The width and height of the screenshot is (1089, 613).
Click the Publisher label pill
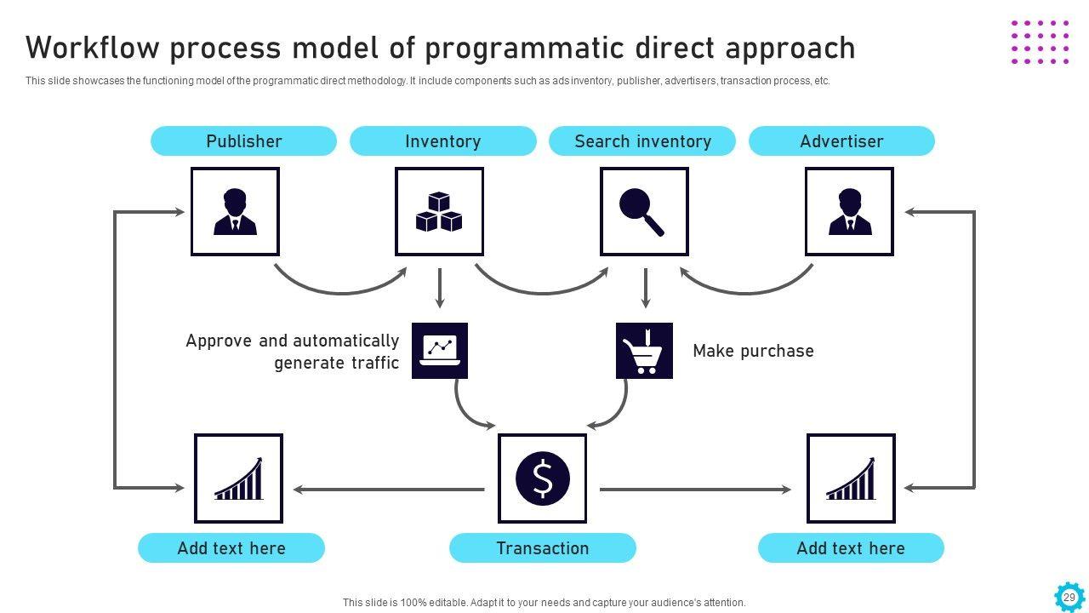click(x=243, y=141)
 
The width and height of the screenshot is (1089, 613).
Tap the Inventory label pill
click(x=442, y=141)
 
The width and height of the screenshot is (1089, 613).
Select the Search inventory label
click(x=642, y=141)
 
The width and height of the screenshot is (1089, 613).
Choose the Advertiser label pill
click(x=841, y=141)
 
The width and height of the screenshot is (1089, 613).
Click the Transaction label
click(x=542, y=548)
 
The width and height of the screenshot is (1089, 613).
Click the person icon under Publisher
click(x=235, y=212)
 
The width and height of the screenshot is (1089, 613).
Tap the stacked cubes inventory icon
click(x=439, y=212)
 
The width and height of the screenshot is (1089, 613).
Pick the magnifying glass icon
click(x=644, y=212)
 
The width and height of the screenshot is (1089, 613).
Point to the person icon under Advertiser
click(x=849, y=212)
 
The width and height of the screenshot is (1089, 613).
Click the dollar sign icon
click(x=542, y=478)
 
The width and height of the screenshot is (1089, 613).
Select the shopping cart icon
click(x=644, y=351)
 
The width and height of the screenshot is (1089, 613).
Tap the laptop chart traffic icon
click(x=440, y=351)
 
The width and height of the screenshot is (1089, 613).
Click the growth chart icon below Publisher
click(x=238, y=478)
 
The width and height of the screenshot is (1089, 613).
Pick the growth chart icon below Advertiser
click(x=851, y=478)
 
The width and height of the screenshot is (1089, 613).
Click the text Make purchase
click(x=753, y=351)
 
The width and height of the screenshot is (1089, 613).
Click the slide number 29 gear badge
click(x=1069, y=597)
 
